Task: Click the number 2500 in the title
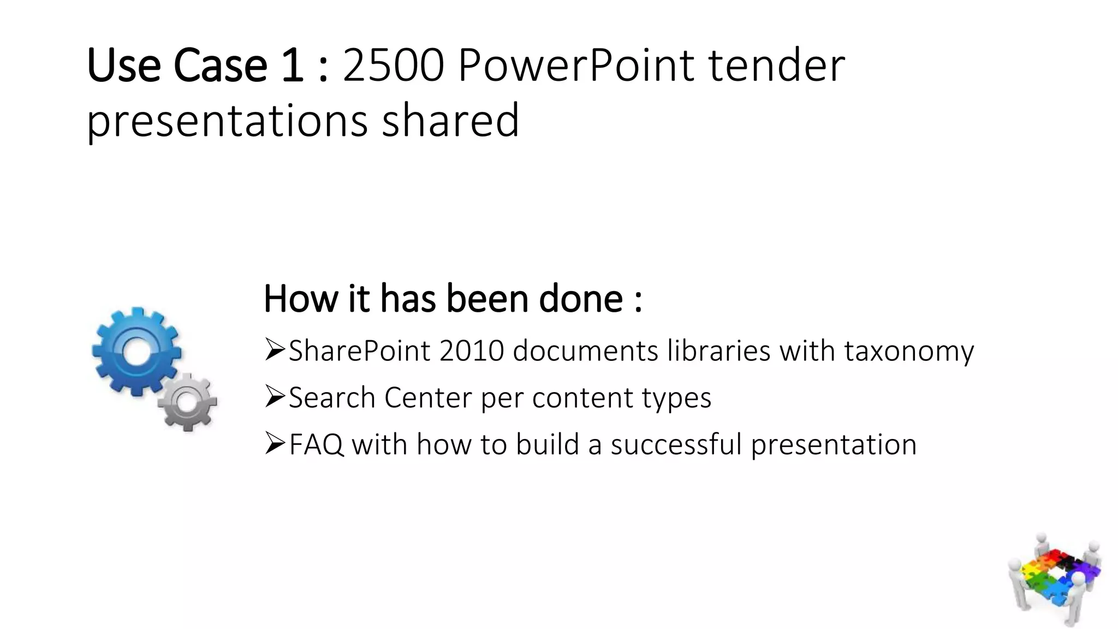(x=393, y=67)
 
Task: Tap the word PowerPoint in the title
(x=576, y=67)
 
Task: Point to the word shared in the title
(x=450, y=121)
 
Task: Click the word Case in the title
(x=220, y=67)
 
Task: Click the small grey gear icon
(x=187, y=402)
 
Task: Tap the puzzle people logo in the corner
(x=1054, y=579)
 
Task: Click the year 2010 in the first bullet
(x=471, y=351)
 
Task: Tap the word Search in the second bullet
(x=332, y=398)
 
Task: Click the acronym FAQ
(x=316, y=445)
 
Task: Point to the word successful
(x=676, y=445)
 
